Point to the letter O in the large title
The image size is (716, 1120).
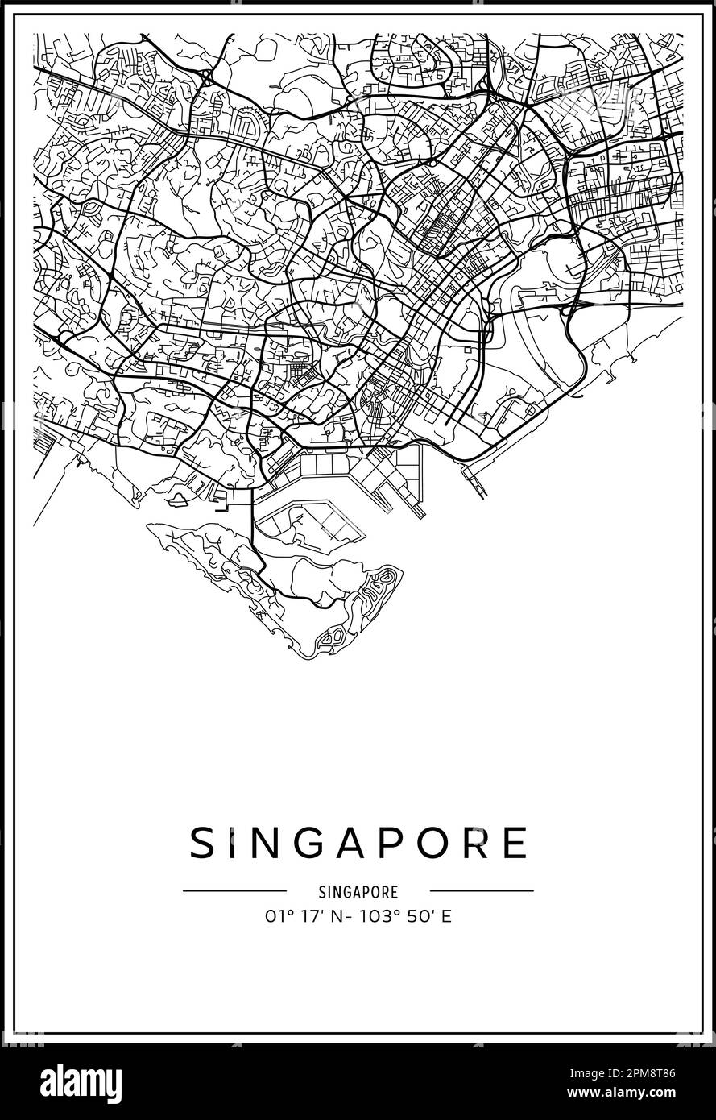438,843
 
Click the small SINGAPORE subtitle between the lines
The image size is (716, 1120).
358,892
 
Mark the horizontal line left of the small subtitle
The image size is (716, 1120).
234,891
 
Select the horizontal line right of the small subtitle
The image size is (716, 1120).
482,891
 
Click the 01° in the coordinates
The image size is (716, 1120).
275,916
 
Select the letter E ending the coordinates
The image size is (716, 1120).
446,916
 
